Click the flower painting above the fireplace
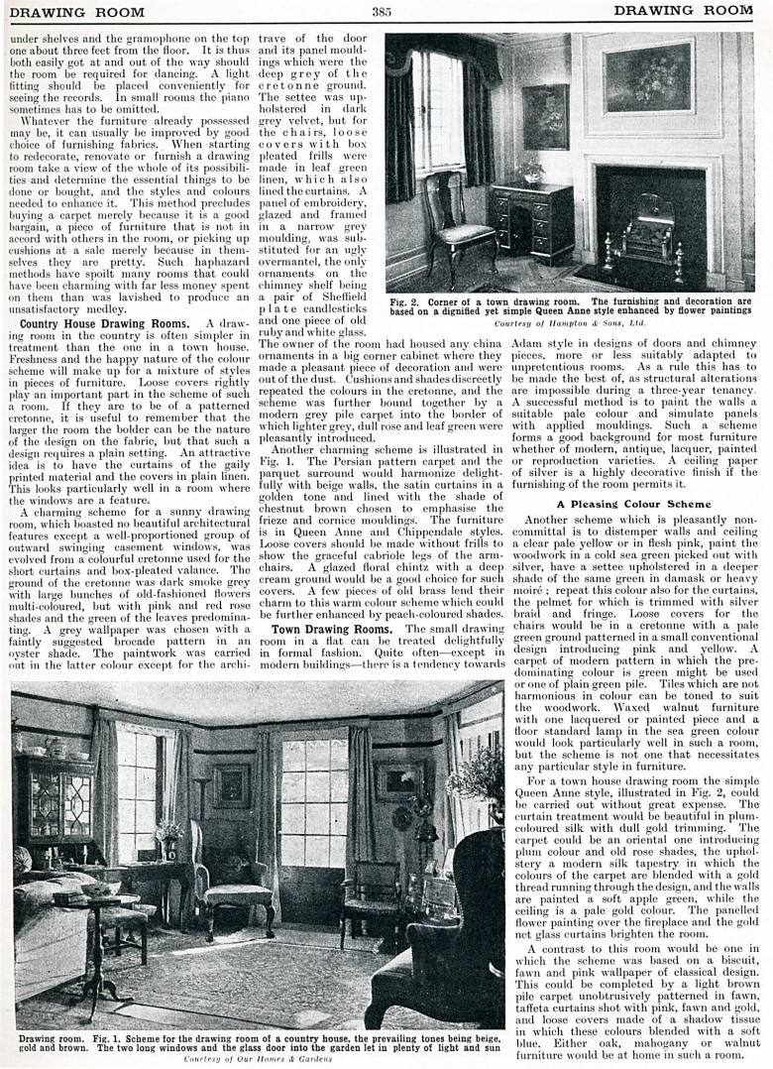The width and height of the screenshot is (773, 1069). pos(649,77)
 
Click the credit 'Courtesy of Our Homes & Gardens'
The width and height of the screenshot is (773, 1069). pos(258,1059)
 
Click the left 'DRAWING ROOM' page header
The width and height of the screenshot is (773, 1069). pos(77,12)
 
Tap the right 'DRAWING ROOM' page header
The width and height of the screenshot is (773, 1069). pos(683,11)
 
